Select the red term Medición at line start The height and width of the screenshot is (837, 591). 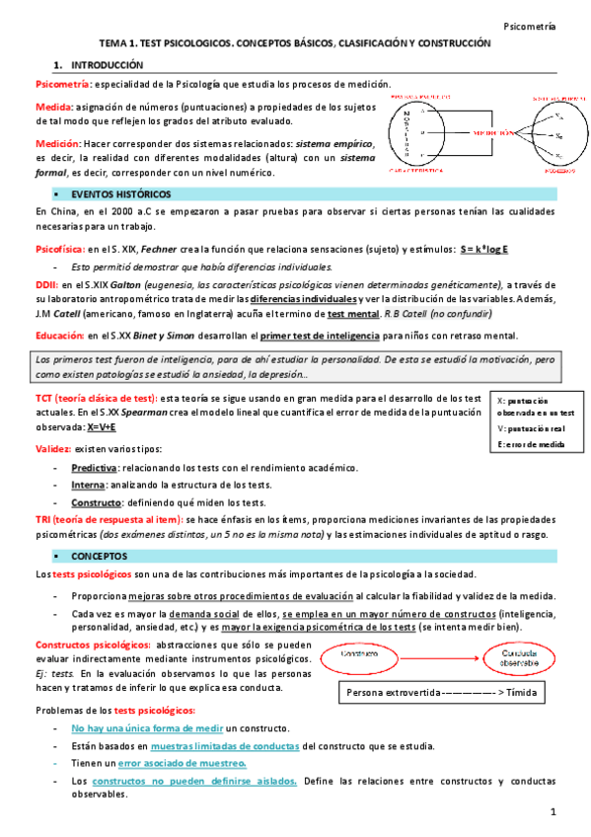tap(55, 144)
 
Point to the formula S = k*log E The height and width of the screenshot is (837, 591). tap(484, 249)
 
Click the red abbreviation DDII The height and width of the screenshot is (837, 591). tap(45, 284)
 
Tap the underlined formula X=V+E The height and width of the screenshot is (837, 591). tap(102, 426)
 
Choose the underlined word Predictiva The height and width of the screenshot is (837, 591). tap(95, 467)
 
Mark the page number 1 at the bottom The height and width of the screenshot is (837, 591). tap(554, 813)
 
